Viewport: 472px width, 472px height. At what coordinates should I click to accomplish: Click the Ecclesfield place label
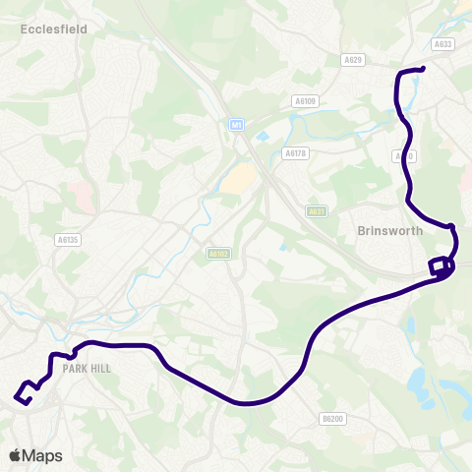pos(54,29)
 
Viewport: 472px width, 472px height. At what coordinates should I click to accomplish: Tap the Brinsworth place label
pos(390,231)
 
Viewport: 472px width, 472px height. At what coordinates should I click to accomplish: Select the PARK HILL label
pos(87,369)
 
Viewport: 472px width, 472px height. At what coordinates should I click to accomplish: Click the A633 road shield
pos(442,43)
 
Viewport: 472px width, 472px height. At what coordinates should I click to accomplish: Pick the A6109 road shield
pos(306,100)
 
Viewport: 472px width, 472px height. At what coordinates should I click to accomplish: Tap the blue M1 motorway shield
pos(235,125)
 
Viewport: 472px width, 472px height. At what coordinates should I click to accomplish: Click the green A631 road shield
pos(316,210)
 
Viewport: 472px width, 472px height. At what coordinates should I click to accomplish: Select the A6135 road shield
pos(68,239)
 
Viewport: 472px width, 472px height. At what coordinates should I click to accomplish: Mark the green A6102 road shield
pos(218,253)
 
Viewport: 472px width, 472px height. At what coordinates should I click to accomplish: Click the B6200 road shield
pos(334,419)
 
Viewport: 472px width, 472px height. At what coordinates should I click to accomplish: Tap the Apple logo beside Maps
pos(16,455)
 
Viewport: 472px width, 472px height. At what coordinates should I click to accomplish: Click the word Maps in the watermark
pos(42,456)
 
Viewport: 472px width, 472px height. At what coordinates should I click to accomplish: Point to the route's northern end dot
pos(421,69)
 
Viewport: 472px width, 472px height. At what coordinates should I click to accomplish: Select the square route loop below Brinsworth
pos(439,267)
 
